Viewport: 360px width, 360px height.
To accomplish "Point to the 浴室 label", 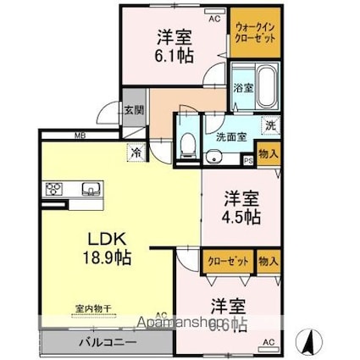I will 242,86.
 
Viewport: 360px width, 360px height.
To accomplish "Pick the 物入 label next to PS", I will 268,154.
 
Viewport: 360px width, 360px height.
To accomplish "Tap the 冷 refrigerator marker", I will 136,153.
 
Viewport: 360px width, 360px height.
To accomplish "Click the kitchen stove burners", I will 54,188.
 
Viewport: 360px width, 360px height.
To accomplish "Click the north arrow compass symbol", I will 312,341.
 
